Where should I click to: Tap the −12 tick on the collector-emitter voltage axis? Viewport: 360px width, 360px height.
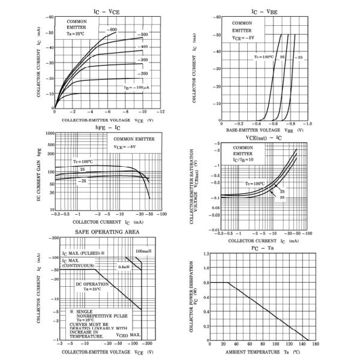(x=160, y=112)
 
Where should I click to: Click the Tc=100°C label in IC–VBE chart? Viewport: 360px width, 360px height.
(x=263, y=57)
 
